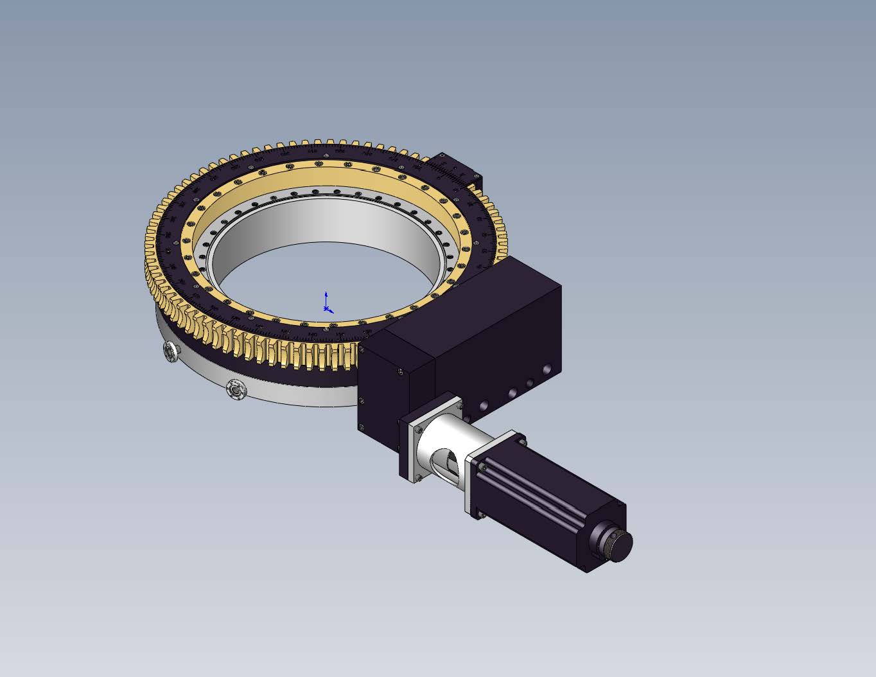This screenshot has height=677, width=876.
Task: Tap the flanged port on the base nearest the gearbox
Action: pyautogui.click(x=236, y=390)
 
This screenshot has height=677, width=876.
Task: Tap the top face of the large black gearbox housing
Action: pyautogui.click(x=495, y=289)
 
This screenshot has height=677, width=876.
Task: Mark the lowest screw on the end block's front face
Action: pyautogui.click(x=362, y=427)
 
